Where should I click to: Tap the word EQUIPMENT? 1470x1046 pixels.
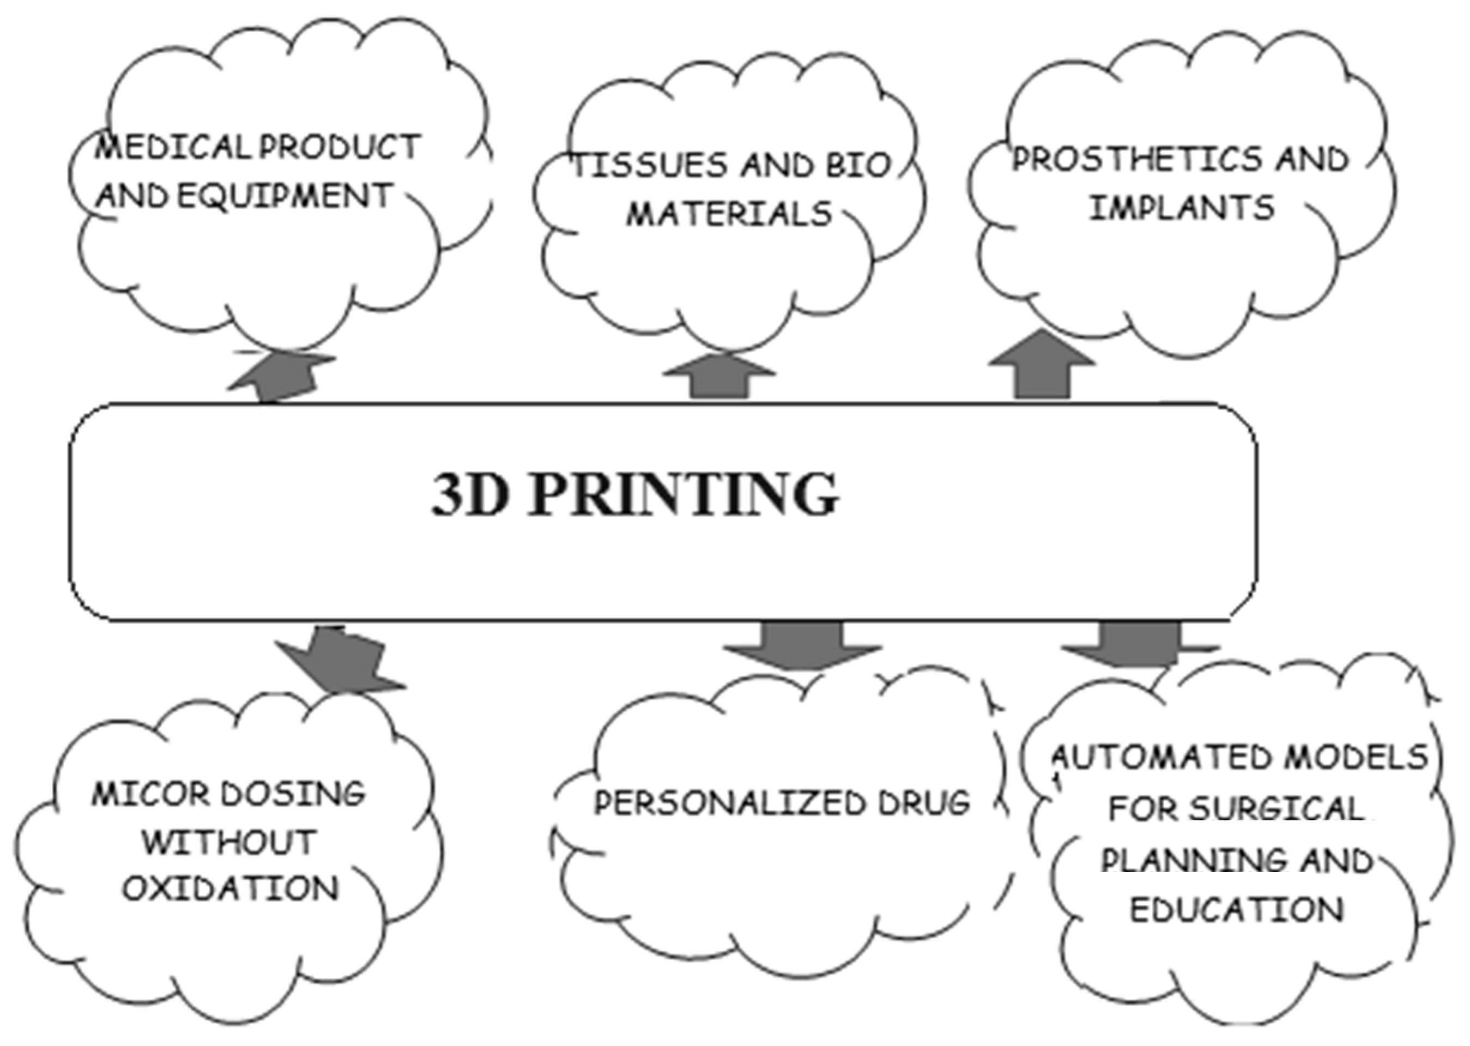[x=283, y=196]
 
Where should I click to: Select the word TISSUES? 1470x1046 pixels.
[x=650, y=166]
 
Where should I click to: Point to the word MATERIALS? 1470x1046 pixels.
[x=729, y=214]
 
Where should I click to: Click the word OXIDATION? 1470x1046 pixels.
[x=230, y=889]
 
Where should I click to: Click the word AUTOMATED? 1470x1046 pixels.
[x=1159, y=758]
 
